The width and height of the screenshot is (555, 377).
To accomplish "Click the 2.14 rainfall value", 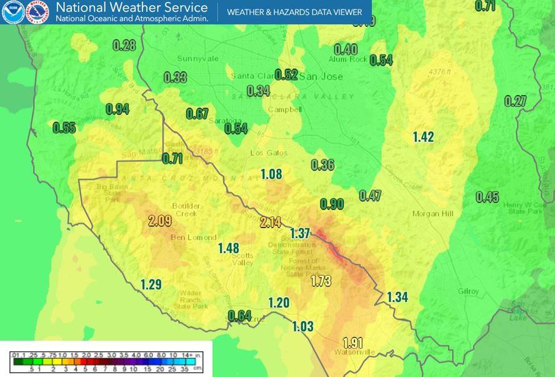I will (271, 222).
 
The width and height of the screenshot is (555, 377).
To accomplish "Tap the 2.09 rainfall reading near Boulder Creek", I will (160, 220).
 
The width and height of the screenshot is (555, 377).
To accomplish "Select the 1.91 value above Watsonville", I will (353, 343).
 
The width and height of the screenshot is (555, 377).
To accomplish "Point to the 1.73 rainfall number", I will (321, 281).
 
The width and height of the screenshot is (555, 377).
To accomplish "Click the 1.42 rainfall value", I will (423, 137).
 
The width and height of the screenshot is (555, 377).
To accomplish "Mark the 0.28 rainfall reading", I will (124, 45).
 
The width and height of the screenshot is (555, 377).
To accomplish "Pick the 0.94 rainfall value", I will (117, 109).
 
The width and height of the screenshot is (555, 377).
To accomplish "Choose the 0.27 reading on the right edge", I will (516, 101).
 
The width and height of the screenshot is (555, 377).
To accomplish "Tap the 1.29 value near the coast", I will (151, 284).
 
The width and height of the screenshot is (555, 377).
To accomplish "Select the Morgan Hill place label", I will (432, 214).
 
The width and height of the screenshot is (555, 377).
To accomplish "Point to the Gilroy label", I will (467, 291).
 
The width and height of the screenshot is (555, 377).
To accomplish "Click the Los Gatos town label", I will (269, 153).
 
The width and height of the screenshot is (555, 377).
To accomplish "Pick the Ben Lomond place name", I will (194, 238).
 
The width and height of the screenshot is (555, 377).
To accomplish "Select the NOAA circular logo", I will (12, 12).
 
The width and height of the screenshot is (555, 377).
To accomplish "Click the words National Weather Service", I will (131, 8).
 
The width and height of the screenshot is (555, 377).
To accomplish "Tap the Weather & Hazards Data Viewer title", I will (294, 12).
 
